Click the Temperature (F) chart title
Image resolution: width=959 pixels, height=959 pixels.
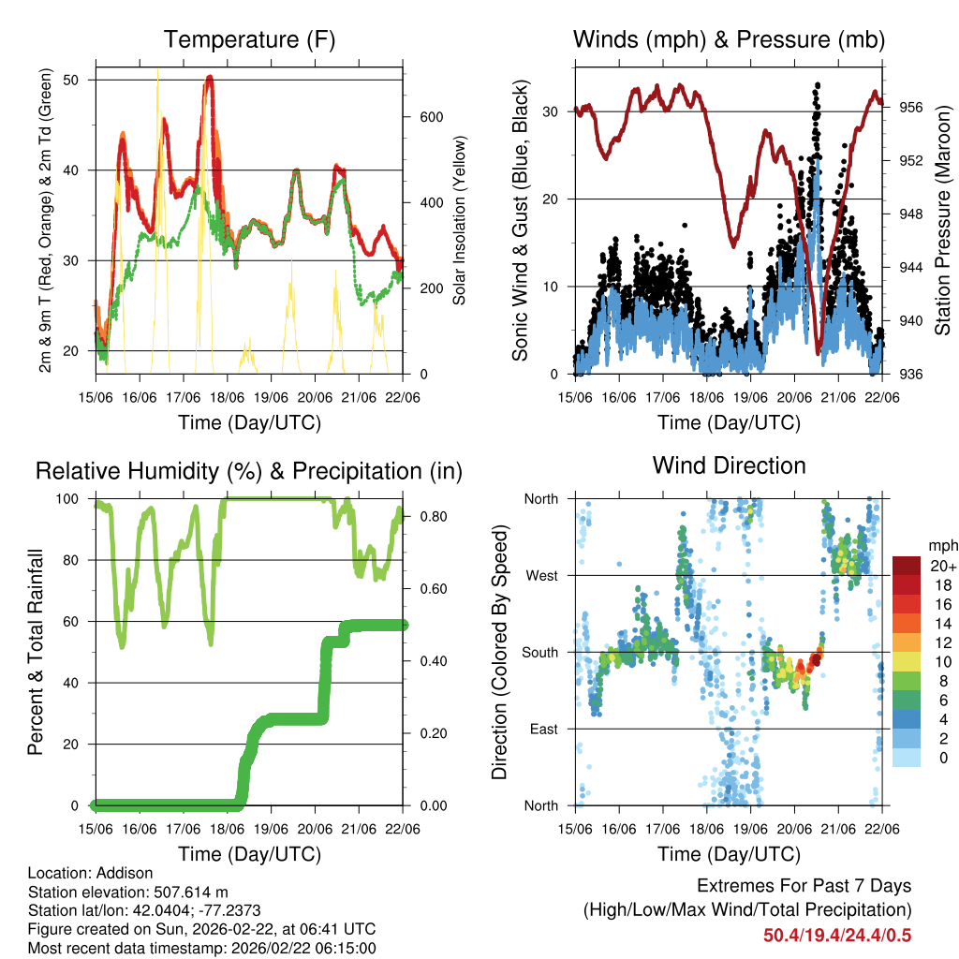[249, 40]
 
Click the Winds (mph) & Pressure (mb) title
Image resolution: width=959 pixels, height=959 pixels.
[729, 40]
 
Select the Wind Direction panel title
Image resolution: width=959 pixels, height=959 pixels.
[729, 465]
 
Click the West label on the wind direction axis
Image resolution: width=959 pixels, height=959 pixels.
[541, 575]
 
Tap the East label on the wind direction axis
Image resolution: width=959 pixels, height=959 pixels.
[542, 729]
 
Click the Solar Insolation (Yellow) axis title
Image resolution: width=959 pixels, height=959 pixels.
[460, 221]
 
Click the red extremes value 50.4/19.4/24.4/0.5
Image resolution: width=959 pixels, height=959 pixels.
[837, 935]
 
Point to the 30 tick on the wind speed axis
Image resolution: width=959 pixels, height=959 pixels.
[553, 111]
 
